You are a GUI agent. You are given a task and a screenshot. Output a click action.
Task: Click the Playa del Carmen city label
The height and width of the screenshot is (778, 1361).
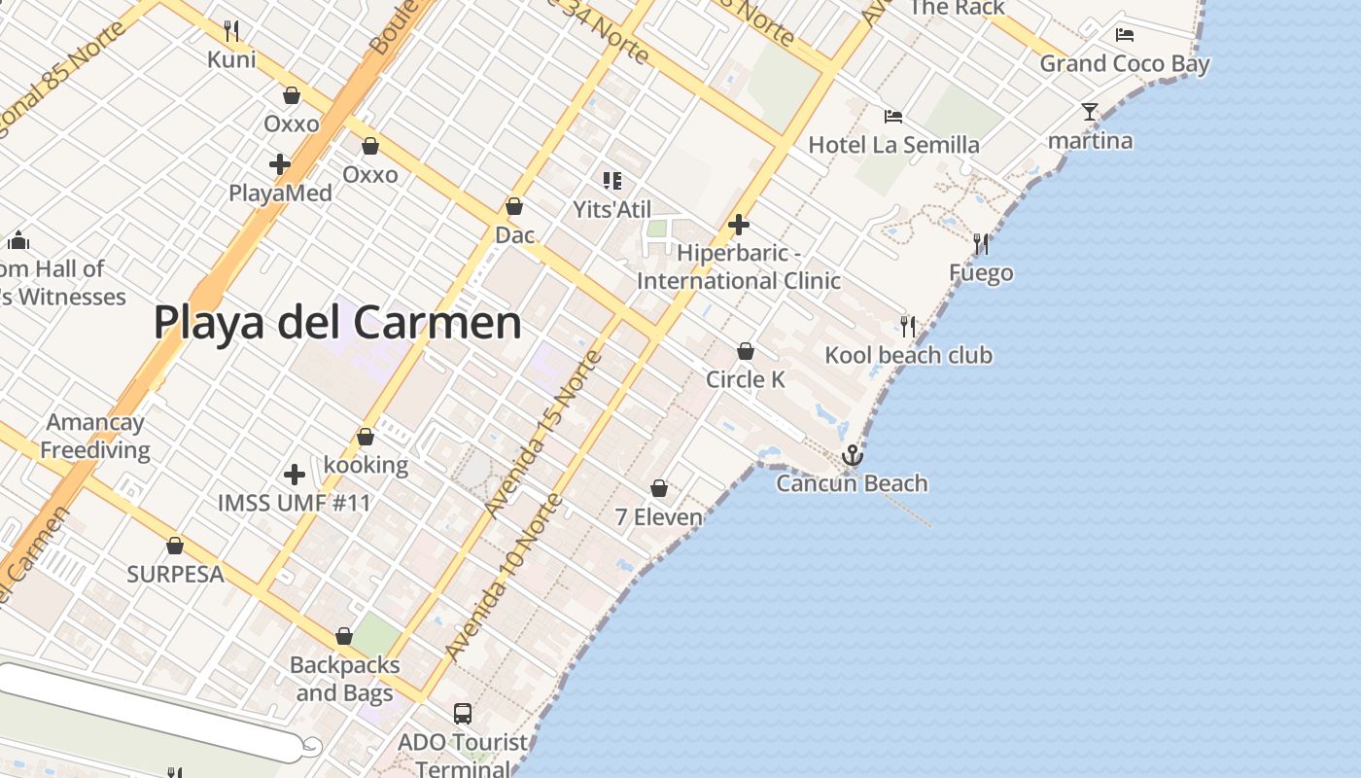click(x=337, y=322)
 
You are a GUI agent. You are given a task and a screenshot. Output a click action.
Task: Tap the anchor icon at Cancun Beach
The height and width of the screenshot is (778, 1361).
click(x=852, y=455)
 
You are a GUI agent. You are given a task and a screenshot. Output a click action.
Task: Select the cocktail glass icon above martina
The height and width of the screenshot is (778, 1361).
click(x=1090, y=112)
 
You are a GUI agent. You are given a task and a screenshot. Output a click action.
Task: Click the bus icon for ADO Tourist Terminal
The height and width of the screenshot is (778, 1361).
click(x=463, y=714)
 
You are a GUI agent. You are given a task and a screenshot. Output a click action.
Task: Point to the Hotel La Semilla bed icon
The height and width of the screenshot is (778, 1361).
click(x=893, y=117)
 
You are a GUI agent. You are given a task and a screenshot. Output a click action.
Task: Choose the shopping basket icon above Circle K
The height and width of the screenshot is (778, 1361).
click(x=746, y=351)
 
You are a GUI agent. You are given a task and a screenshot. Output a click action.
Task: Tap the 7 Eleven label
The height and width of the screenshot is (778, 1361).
click(x=658, y=516)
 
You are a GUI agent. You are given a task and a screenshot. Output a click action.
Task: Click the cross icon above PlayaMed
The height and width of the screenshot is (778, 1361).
click(x=280, y=164)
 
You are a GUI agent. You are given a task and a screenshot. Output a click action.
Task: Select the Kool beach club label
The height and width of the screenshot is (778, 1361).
click(x=908, y=355)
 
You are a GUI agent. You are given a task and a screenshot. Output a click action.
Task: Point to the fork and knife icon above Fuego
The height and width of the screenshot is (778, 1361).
click(x=981, y=244)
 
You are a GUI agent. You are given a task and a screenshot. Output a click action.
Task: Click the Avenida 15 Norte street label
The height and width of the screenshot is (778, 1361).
click(x=543, y=435)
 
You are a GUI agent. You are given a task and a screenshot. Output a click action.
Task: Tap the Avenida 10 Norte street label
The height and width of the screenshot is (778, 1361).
click(x=504, y=578)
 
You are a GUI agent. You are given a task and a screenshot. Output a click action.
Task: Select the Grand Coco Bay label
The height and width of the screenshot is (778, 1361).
click(x=1125, y=64)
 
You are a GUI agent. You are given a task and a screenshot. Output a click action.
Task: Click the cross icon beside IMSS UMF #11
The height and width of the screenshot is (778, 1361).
click(x=295, y=475)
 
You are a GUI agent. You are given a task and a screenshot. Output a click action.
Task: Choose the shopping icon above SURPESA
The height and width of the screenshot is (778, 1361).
click(x=175, y=546)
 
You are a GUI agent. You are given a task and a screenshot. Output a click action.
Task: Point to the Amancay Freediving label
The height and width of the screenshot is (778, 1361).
click(x=95, y=436)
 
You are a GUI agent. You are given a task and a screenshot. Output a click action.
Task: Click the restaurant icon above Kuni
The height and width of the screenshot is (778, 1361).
click(x=231, y=31)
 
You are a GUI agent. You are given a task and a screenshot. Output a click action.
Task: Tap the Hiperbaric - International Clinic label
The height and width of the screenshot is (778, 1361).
click(x=739, y=266)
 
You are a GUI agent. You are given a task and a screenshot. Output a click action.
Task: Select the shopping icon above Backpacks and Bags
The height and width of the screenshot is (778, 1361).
click(x=343, y=637)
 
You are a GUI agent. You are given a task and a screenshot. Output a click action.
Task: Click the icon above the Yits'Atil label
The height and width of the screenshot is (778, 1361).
click(x=611, y=180)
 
